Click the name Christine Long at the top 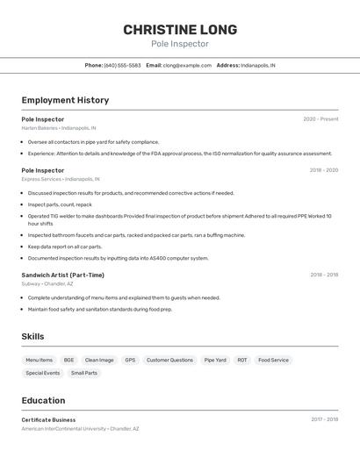(179, 29)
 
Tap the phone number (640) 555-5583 (122, 65)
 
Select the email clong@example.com (187, 65)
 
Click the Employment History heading (65, 100)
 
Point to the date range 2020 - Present (320, 119)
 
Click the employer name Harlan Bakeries (40, 128)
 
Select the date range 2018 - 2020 (323, 170)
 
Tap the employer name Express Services (41, 179)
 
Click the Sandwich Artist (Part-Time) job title (62, 275)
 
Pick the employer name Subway (31, 283)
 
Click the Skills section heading (32, 337)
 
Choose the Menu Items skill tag (39, 360)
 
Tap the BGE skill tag (68, 360)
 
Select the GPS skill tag (130, 360)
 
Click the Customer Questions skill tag (169, 360)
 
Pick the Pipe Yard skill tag (215, 360)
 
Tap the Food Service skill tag (273, 360)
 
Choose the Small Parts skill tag (85, 373)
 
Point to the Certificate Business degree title (48, 419)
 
